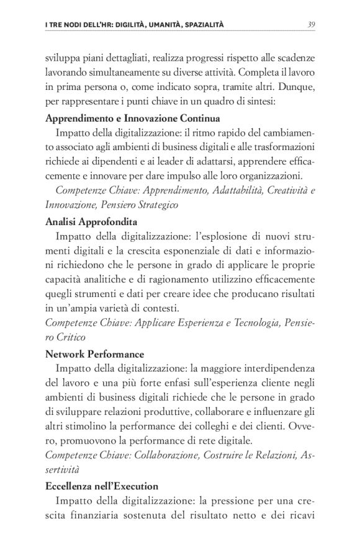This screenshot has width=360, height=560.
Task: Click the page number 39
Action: [311, 25]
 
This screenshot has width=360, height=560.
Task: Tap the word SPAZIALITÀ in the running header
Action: [199, 25]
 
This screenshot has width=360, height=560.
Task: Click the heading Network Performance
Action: [95, 354]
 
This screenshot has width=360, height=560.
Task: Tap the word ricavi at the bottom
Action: [300, 515]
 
